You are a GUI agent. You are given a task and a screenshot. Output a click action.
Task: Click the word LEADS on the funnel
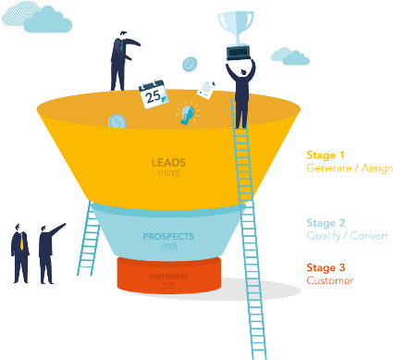tap(167, 162)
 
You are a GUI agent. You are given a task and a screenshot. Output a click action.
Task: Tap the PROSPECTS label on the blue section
tap(167, 236)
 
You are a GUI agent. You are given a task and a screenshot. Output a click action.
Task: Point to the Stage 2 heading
tap(325, 223)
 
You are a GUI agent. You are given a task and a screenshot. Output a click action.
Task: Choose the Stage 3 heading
tap(325, 267)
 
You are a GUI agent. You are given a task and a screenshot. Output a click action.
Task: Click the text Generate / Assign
tap(349, 168)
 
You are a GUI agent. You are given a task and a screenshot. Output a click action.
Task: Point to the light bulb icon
tap(189, 113)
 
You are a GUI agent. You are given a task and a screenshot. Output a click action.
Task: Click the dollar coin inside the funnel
tap(117, 121)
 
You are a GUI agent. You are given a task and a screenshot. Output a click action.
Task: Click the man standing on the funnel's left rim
tap(121, 61)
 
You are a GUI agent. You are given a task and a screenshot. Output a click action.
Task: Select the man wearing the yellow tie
tap(18, 251)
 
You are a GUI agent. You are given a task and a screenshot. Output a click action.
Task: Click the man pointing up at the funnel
tap(46, 250)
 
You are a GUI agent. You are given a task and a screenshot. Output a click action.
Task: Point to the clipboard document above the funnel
tap(207, 89)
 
